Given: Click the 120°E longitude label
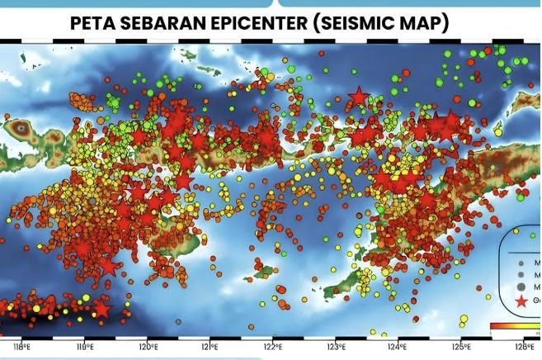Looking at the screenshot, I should tap(148, 346).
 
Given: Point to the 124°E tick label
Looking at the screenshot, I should tap(397, 346).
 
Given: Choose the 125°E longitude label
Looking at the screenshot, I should tap(460, 346).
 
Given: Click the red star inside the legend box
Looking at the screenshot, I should tap(521, 303).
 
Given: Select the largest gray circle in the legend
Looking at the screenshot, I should tap(521, 286).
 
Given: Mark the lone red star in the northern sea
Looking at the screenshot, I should tap(358, 97).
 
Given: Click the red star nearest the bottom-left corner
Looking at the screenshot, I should tap(101, 309).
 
